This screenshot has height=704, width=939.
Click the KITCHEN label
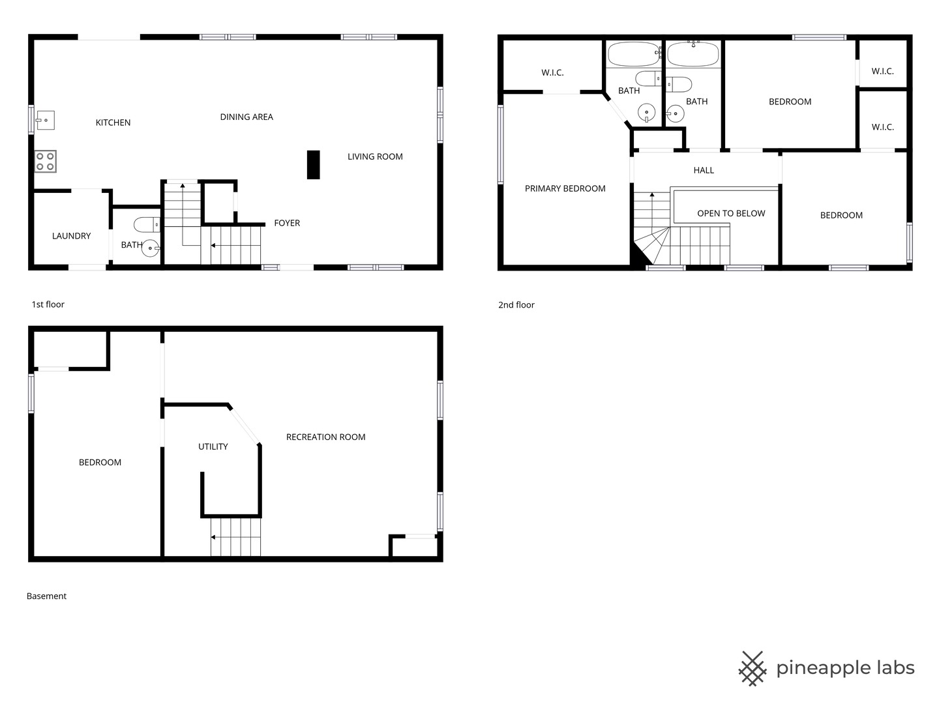point(113,123)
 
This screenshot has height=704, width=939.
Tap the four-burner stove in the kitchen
point(46,162)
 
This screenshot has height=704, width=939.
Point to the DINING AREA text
point(246,117)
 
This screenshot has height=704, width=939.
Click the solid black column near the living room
point(313,164)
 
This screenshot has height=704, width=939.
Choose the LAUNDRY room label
point(72,236)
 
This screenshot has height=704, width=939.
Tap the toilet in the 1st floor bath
point(147,224)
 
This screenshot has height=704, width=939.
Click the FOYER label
point(287,223)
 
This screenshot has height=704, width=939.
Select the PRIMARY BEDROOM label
point(565,188)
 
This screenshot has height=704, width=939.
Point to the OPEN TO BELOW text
point(731,213)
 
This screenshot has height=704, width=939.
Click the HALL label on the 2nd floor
point(704,170)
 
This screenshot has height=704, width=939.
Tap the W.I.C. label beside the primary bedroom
point(552,72)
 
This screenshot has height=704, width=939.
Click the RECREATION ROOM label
point(325,437)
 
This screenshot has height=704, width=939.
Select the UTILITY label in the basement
point(213,447)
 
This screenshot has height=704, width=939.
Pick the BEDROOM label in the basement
point(100,463)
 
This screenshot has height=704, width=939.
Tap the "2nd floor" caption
point(516,305)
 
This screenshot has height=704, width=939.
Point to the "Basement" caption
point(46,596)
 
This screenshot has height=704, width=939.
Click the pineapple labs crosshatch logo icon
point(753,668)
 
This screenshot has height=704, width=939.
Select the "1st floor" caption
point(48,304)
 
